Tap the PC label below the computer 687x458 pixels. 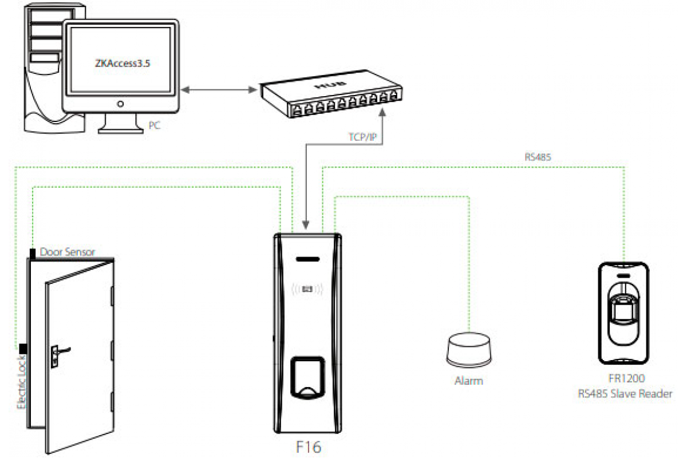point(155,124)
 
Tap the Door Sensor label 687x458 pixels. point(68,251)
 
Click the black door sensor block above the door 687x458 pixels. point(33,252)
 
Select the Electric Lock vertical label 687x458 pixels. point(21,381)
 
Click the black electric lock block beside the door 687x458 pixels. point(23,348)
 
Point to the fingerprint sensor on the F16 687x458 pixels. point(308,375)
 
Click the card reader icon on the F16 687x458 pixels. point(308,290)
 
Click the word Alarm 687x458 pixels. point(468,381)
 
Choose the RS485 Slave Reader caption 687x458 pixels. point(624,393)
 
